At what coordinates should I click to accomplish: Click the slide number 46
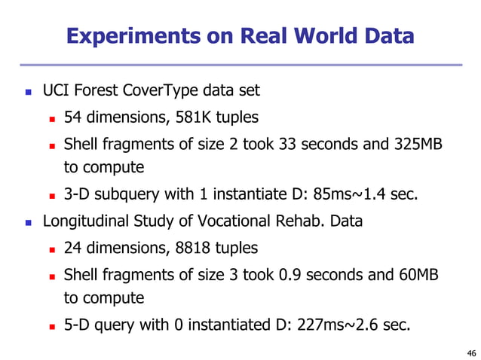tap(471, 352)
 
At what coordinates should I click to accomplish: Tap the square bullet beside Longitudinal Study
tap(29, 223)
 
